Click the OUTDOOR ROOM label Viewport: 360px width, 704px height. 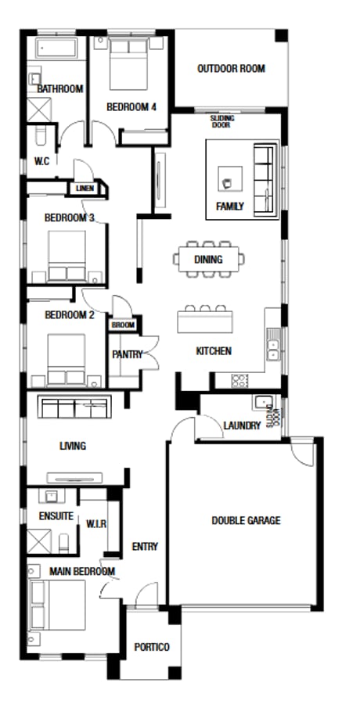231,69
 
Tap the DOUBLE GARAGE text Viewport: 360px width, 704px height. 246,520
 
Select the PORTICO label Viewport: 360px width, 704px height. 152,647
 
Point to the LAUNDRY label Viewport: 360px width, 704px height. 242,426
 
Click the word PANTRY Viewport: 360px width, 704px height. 127,354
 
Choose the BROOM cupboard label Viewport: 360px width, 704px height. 123,325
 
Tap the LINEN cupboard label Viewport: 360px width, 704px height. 84,189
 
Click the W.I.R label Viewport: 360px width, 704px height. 97,523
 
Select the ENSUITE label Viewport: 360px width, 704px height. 56,516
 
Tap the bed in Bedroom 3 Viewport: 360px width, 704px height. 67,257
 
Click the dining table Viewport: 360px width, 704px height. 209,260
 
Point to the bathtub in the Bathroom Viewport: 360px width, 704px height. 56,49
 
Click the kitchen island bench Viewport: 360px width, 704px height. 206,321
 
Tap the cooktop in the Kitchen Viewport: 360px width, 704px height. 240,381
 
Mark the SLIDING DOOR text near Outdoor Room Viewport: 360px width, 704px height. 221,121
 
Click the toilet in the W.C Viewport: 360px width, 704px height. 41,139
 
